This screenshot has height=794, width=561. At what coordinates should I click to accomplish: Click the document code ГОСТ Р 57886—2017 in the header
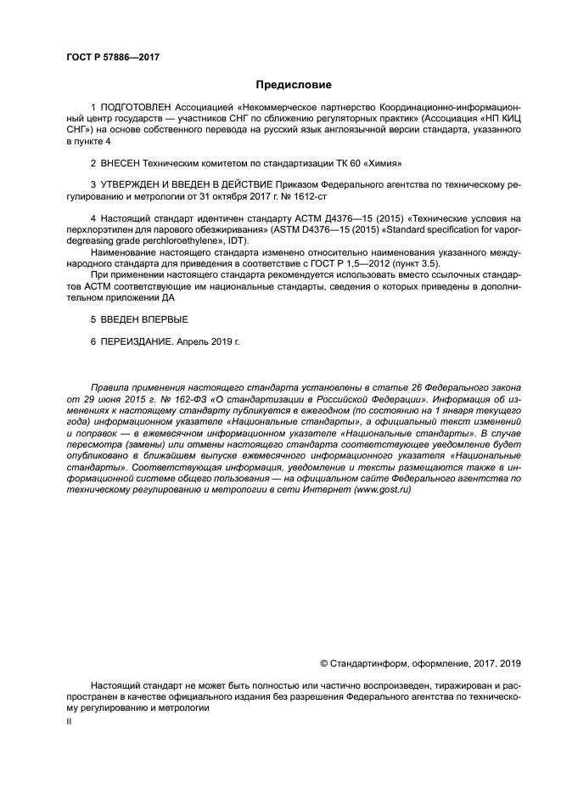[113, 57]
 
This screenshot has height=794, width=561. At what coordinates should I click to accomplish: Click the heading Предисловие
[294, 85]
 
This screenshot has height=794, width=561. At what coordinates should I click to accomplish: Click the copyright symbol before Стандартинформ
[323, 662]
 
